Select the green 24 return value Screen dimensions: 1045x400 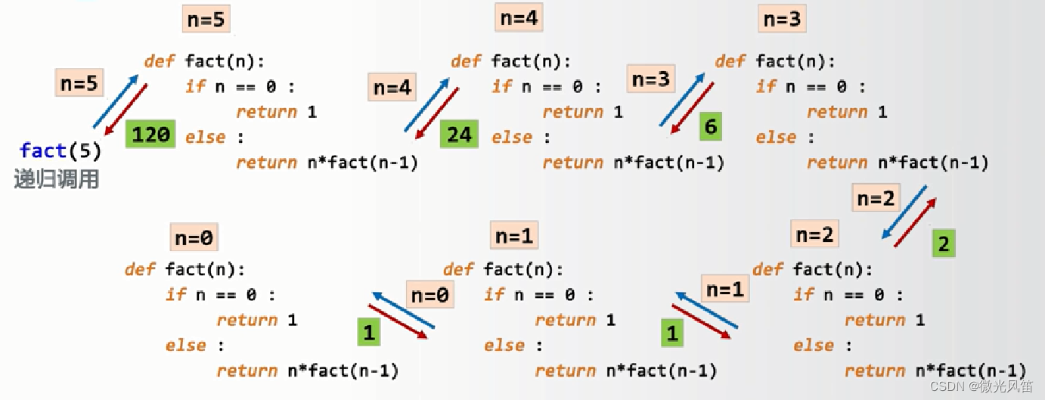click(x=459, y=134)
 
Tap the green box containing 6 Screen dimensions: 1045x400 click(x=710, y=126)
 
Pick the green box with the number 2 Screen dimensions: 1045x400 click(x=943, y=243)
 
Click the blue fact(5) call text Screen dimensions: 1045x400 click(x=60, y=150)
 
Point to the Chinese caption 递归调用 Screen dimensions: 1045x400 click(x=57, y=180)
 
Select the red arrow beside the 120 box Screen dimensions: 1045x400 click(x=126, y=110)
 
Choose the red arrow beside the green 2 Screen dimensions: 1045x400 click(x=915, y=222)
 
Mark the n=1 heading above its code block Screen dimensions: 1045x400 click(x=514, y=236)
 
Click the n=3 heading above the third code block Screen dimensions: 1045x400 click(x=782, y=19)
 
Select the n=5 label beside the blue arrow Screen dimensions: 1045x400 click(x=79, y=82)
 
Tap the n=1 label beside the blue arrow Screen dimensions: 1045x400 click(x=725, y=288)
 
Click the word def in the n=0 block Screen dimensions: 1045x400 click(x=140, y=269)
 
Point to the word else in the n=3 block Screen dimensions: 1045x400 click(x=776, y=137)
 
